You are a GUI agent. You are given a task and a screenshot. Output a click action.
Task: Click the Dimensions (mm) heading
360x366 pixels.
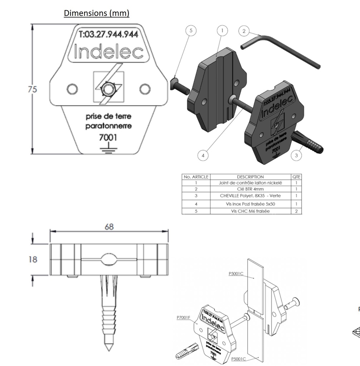(96, 14)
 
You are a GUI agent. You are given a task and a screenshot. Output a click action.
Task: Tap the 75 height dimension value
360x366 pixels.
(32, 90)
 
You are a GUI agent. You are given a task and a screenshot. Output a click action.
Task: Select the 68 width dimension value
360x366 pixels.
(109, 227)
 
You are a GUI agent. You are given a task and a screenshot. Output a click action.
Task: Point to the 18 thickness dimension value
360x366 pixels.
(33, 259)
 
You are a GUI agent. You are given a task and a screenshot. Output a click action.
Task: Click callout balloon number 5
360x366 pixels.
(191, 31)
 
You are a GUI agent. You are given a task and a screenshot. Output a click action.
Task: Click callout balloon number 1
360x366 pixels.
(222, 31)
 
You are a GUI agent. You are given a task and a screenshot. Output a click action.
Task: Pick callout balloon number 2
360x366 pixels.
(244, 31)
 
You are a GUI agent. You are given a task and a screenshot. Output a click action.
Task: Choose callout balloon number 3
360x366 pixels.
(296, 155)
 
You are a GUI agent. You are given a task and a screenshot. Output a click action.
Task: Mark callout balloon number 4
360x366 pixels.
(203, 155)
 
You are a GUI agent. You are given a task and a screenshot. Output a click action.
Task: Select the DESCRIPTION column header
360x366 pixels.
(250, 177)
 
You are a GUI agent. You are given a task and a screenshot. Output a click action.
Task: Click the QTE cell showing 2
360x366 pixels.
(297, 211)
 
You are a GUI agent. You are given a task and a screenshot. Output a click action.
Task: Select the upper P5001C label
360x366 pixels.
(236, 274)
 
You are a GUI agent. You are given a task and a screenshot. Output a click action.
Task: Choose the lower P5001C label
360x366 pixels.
(238, 358)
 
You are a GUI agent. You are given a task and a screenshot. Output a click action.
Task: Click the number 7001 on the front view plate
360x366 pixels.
(108, 138)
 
